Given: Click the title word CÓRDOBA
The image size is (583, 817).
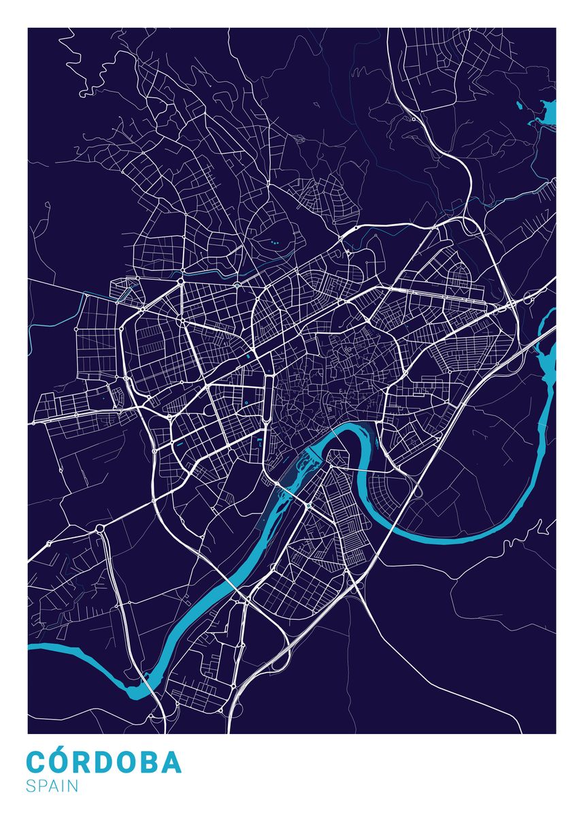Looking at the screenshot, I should [x=104, y=762].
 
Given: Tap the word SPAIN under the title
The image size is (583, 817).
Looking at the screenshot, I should [x=52, y=786].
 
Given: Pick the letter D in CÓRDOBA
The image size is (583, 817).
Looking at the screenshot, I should [x=107, y=763].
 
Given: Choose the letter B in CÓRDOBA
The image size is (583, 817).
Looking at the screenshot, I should [x=151, y=763].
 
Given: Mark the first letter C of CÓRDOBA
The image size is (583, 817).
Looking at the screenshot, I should [x=37, y=763].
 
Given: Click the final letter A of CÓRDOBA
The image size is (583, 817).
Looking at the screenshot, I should [x=173, y=763].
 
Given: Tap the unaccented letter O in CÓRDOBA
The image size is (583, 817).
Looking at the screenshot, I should [x=129, y=763].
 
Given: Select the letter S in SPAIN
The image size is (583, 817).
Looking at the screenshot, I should [x=31, y=786].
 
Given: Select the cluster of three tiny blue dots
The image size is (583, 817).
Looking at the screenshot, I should [x=274, y=242].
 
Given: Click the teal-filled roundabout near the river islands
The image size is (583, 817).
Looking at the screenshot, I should [x=308, y=507].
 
